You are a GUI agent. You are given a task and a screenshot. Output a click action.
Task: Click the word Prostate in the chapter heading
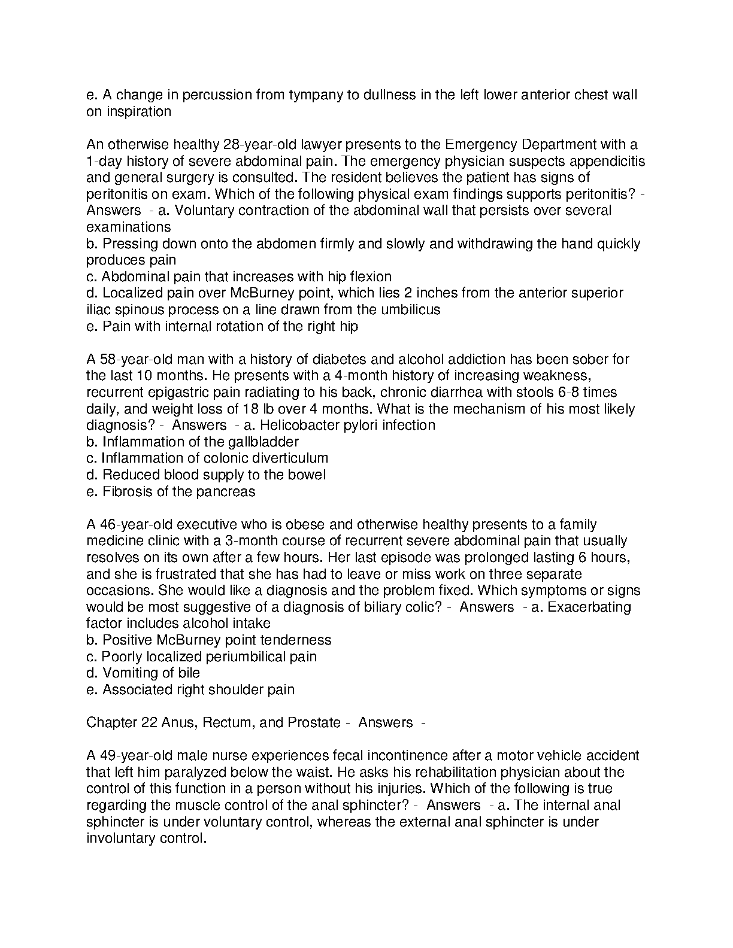(x=314, y=723)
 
